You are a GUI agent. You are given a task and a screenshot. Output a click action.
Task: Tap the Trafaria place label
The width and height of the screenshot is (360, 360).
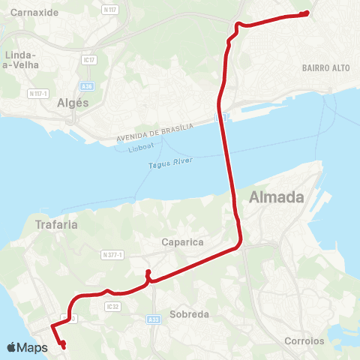coord(57,223)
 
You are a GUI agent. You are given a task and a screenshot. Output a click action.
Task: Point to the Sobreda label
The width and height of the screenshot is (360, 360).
coord(189,314)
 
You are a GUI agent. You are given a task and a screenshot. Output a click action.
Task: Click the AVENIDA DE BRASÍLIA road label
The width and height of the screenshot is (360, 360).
coord(155,133)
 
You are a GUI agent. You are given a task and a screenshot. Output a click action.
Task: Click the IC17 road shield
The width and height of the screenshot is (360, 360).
coord(90,59)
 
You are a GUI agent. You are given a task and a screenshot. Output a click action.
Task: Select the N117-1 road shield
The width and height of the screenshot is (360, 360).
coord(37,93)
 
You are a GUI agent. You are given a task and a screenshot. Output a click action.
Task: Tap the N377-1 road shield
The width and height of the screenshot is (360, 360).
coord(115,255)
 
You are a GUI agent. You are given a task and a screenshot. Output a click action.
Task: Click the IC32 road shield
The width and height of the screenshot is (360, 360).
coord(114,306)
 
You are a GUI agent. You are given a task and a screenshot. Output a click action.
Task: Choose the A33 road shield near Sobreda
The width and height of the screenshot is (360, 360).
coord(154,319)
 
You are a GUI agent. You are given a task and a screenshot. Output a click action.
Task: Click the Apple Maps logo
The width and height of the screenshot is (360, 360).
coord(27,347)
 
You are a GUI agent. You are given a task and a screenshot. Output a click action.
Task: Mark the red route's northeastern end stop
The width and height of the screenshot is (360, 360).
coord(307,13)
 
